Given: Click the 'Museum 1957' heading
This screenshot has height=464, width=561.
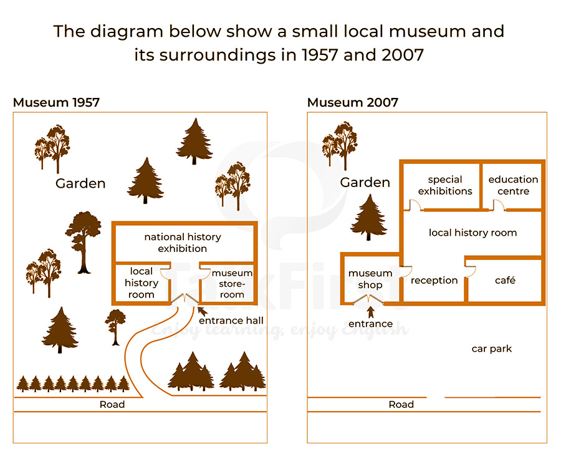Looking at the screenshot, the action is coord(56,102).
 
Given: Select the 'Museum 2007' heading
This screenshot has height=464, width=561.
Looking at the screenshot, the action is coord(353,102).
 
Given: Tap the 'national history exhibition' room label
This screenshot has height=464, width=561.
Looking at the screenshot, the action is coord(183,243).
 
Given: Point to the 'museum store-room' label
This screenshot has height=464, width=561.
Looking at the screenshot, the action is coord(232,284).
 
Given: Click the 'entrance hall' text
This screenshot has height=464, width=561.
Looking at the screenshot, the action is coord(231,321).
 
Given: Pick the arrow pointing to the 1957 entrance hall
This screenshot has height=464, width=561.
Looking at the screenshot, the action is coord(202,311).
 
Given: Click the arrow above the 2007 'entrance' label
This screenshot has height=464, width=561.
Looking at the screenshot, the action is coord(371,312).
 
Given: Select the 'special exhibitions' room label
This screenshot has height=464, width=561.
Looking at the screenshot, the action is coord(445,185).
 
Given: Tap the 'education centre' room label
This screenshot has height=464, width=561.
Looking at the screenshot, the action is coord(513,185).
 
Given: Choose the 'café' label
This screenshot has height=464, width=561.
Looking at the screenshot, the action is coord(505,280).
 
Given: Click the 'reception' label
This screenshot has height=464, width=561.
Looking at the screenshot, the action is coord(434,281).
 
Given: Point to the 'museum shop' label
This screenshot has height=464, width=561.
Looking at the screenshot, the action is coord(370,279).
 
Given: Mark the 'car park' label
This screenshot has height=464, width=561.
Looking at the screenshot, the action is coord(492,349).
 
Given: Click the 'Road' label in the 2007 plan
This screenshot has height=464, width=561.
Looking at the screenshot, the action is coord(401,405).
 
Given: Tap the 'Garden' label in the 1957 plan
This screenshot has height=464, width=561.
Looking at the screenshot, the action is coord(80,183).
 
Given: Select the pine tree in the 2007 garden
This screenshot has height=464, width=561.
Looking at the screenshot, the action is coord(368,217).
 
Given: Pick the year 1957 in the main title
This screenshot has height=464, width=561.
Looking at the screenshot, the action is coord(320,55).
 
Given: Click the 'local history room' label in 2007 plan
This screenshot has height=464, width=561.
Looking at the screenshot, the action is coord(473,233).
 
